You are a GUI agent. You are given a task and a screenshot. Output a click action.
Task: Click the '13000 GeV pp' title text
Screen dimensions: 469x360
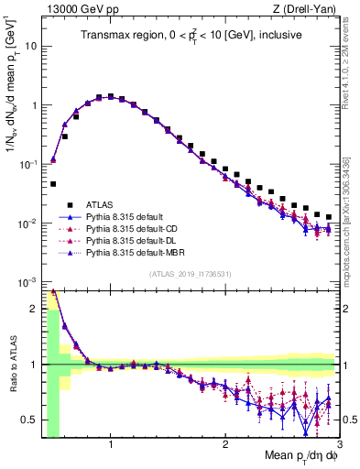76,8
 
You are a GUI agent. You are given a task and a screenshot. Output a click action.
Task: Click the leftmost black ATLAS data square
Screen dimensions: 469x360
53,184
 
